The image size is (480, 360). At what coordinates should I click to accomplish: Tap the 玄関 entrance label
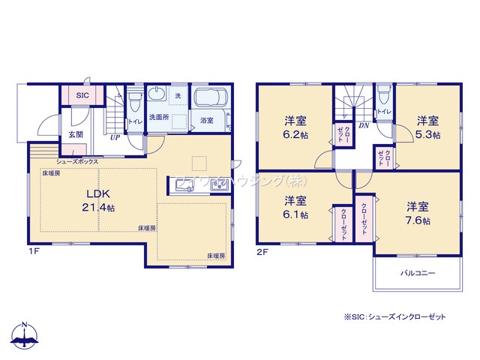[x=76, y=134]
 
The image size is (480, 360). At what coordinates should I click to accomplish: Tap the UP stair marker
[x=115, y=138]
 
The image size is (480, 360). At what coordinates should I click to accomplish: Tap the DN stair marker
[x=363, y=127]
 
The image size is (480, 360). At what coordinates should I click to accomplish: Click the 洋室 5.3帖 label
[x=428, y=127]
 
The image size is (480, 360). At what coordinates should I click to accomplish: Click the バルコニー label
[x=417, y=274]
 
